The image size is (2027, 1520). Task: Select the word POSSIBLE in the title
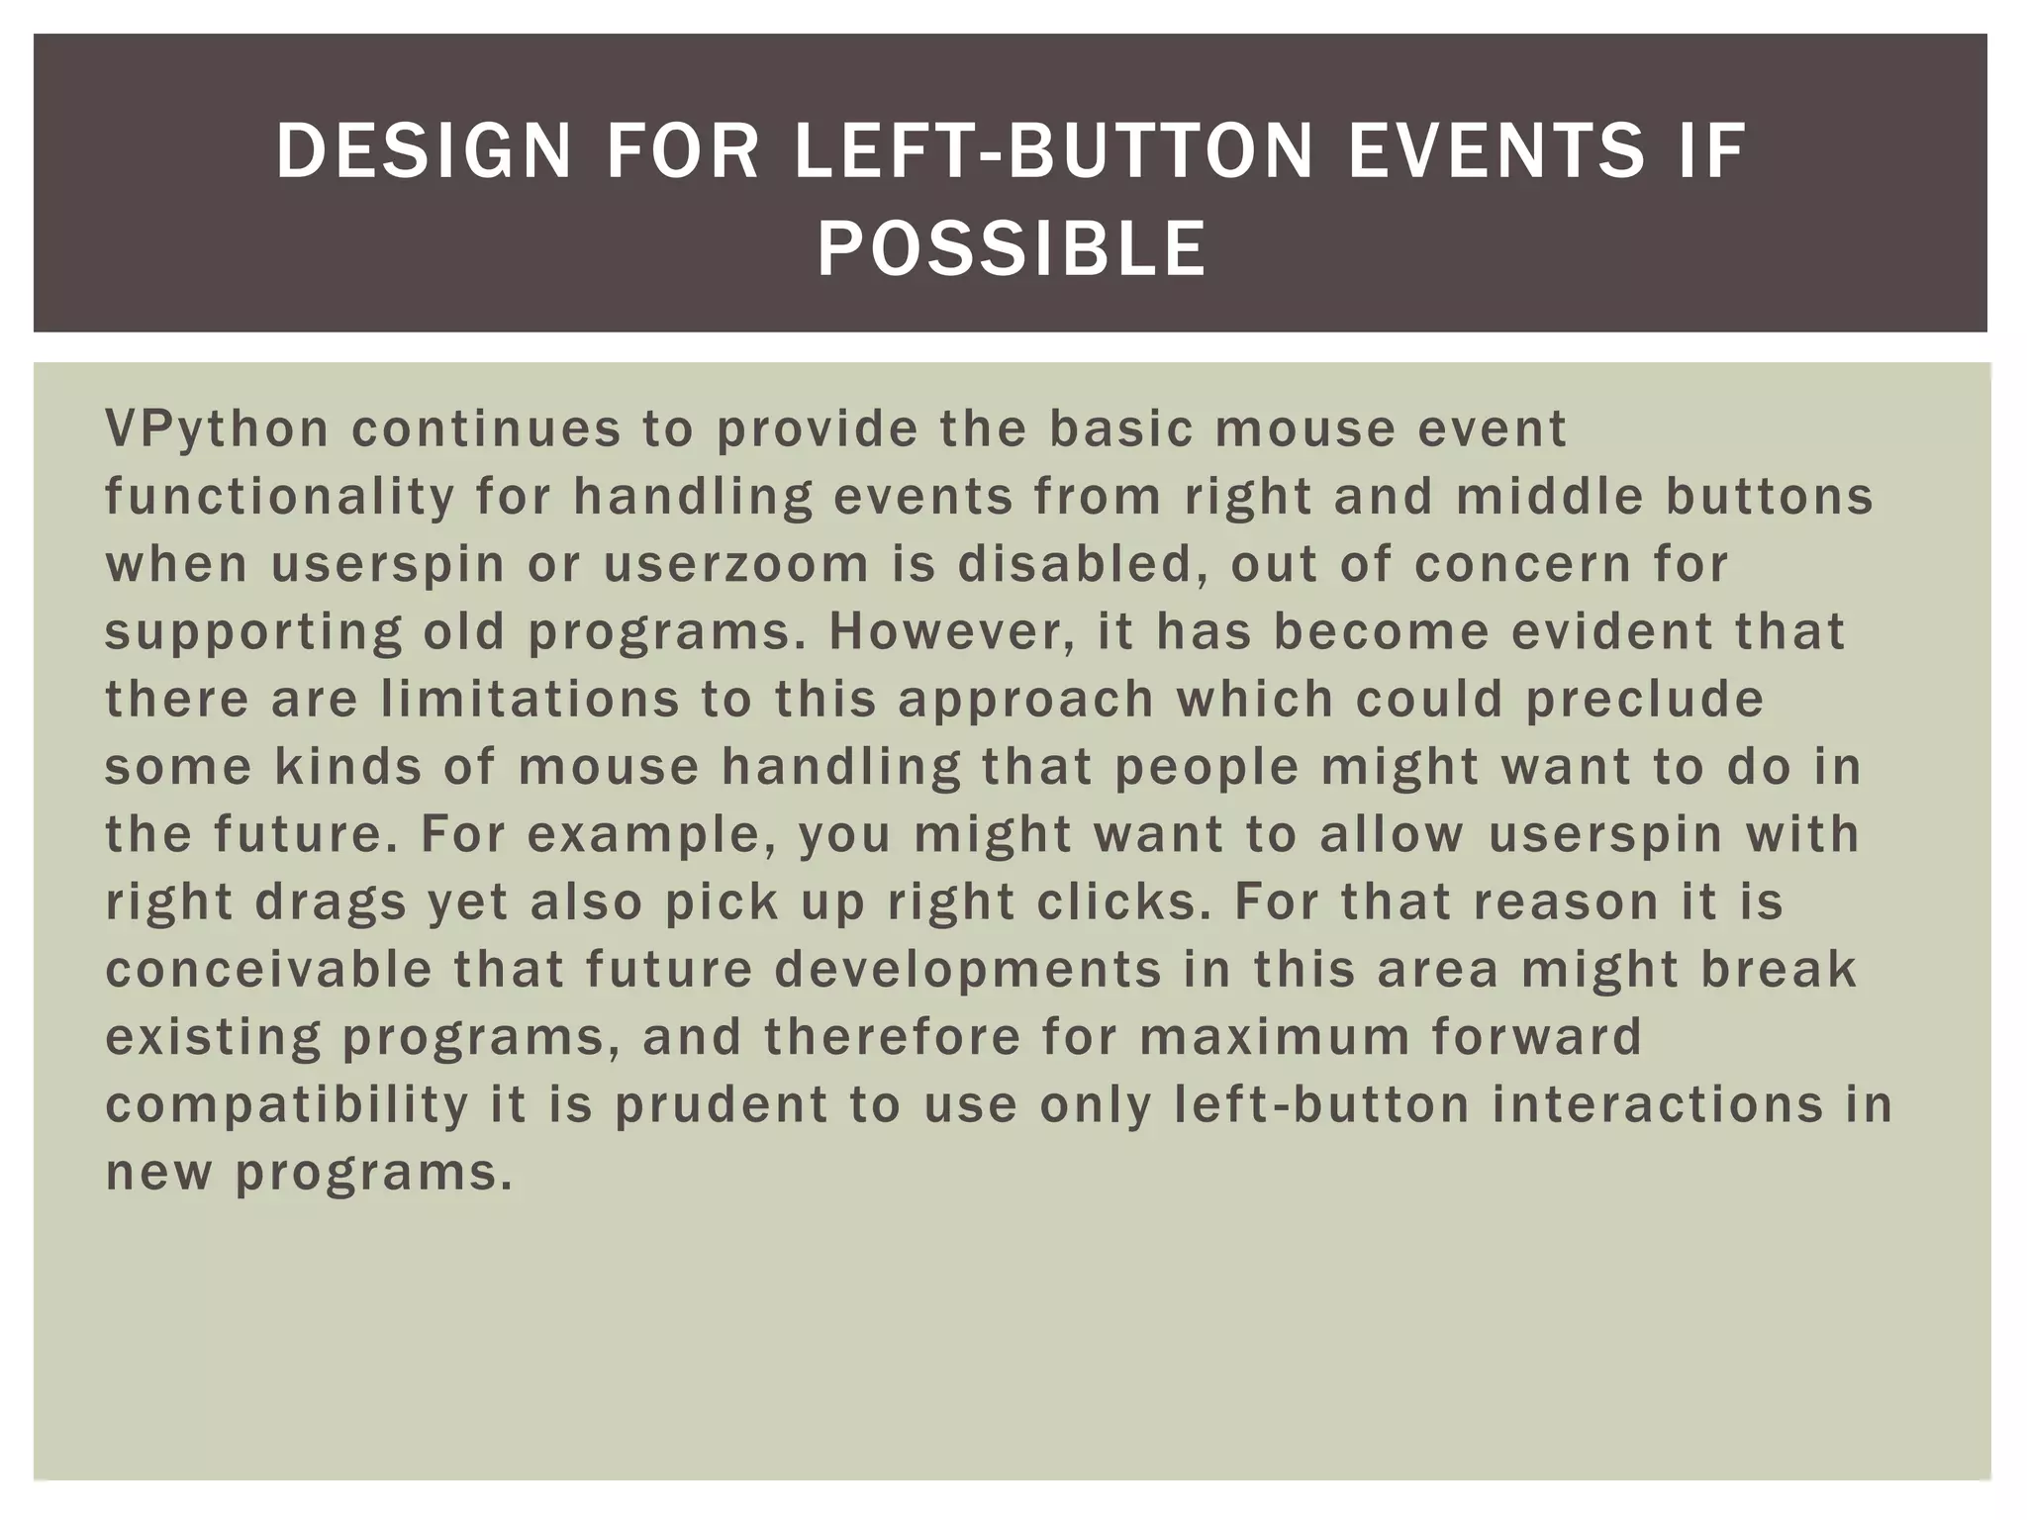[1012, 249]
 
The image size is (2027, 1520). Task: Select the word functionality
[279, 497]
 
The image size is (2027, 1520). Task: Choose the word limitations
[531, 699]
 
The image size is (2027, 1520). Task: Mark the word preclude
[1645, 699]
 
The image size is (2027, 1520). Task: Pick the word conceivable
[269, 970]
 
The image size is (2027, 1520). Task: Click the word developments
[968, 970]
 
